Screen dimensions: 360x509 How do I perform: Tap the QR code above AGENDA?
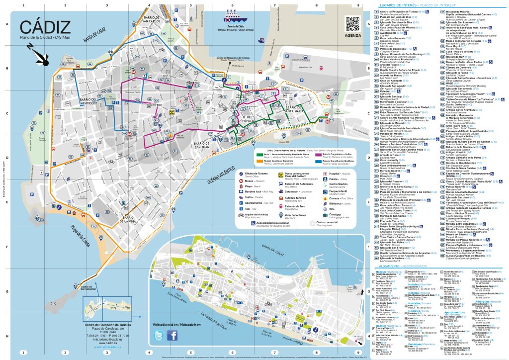click(352, 23)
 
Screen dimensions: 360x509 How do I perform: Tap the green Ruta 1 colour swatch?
click(259, 155)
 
